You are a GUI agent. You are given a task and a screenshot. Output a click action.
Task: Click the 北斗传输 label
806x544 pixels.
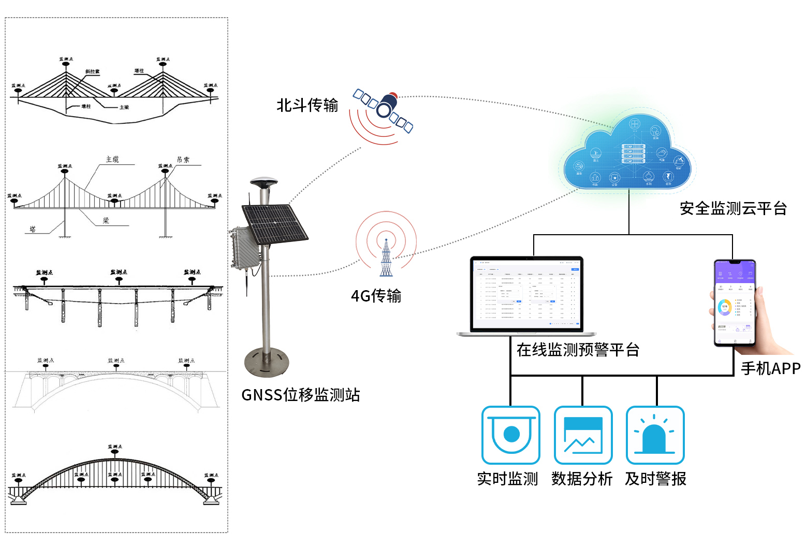pyautogui.click(x=307, y=105)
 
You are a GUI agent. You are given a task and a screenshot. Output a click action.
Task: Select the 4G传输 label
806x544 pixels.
pyautogui.click(x=376, y=296)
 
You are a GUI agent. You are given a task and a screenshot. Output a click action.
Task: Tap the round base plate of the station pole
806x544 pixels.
pyautogui.click(x=266, y=362)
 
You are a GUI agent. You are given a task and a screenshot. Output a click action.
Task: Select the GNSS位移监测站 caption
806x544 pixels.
pyautogui.click(x=301, y=395)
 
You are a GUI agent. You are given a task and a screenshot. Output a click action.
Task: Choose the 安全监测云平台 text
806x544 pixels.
pyautogui.click(x=733, y=208)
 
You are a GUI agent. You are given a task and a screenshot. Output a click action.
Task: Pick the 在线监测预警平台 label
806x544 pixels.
pyautogui.click(x=578, y=350)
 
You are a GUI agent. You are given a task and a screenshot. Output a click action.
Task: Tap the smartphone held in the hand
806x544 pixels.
pyautogui.click(x=735, y=303)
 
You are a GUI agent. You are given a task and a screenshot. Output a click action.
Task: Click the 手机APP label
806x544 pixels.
pyautogui.click(x=770, y=368)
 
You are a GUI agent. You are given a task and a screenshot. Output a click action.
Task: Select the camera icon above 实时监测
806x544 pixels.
pyautogui.click(x=511, y=435)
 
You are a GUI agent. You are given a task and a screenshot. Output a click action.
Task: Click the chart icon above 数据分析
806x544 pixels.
pyautogui.click(x=583, y=435)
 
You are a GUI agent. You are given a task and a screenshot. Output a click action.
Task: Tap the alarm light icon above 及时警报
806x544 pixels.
pyautogui.click(x=655, y=435)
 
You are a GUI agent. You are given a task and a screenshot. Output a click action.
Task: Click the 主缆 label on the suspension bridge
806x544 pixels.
pyautogui.click(x=112, y=160)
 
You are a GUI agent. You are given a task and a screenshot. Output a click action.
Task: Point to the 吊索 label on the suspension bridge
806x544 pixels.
pyautogui.click(x=183, y=160)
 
